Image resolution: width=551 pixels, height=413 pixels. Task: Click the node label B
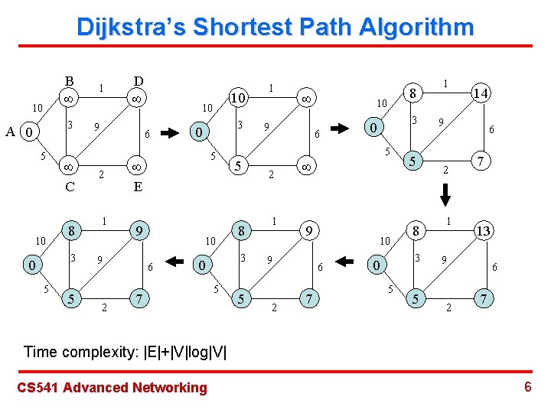click(x=69, y=81)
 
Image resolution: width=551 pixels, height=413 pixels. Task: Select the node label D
click(x=138, y=81)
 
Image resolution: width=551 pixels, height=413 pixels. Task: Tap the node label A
click(x=10, y=132)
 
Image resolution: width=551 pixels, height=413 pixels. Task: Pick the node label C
click(x=69, y=186)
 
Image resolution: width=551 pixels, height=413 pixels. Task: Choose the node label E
click(x=138, y=186)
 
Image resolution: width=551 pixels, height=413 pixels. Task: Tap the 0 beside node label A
click(x=28, y=133)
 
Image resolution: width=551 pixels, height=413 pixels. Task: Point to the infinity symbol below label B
click(x=69, y=99)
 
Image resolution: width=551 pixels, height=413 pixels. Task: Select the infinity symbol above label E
click(x=138, y=165)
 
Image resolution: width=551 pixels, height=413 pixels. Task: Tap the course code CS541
click(x=37, y=388)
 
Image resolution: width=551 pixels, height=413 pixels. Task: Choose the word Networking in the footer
click(x=170, y=388)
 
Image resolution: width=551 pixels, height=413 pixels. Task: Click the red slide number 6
click(x=528, y=387)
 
